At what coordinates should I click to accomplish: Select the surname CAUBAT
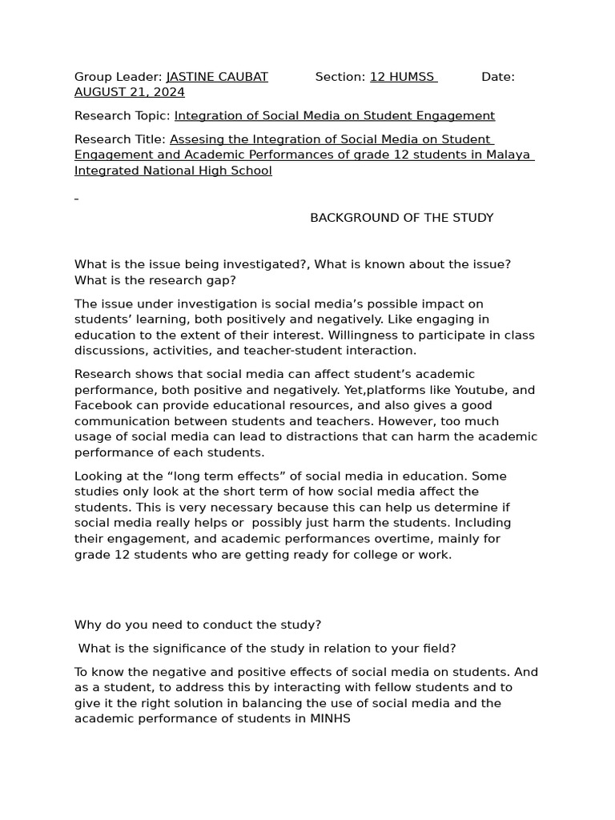coord(243,77)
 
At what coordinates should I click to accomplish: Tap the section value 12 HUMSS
coord(401,77)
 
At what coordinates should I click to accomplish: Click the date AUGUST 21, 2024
coord(129,93)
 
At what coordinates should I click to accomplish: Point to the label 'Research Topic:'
coord(123,116)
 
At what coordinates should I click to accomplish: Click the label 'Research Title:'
coord(120,139)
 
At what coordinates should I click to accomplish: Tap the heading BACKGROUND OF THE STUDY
coord(402,218)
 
